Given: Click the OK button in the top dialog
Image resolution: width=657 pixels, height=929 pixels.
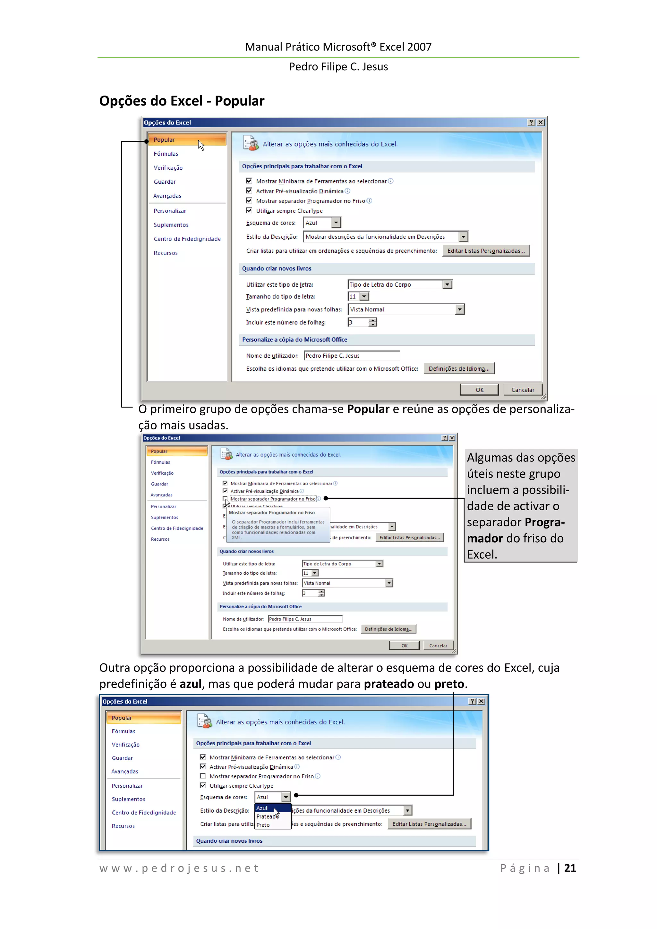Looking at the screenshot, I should (x=479, y=390).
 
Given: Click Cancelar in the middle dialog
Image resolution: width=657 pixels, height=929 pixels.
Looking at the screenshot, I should (x=438, y=646).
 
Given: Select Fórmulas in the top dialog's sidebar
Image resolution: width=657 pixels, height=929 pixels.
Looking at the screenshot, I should (x=166, y=154).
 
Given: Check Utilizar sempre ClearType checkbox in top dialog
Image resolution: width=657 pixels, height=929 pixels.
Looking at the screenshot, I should (x=249, y=210).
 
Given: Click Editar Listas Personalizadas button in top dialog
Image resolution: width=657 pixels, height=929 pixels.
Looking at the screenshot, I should (x=486, y=251).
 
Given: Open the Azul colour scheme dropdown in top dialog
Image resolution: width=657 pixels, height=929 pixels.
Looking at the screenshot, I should (x=336, y=223).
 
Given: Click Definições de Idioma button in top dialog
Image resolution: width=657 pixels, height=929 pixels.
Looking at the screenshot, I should (x=459, y=368).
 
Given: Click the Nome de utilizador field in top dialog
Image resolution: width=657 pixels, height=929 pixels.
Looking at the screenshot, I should (x=351, y=356).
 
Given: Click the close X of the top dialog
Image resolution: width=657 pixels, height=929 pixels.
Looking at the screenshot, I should (x=541, y=122).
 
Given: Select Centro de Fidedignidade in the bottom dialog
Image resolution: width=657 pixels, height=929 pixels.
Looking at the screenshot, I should (x=144, y=813).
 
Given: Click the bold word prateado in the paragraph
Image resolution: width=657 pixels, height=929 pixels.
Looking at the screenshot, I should (x=388, y=684).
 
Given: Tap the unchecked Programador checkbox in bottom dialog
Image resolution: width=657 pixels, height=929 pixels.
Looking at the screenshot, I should (x=203, y=776).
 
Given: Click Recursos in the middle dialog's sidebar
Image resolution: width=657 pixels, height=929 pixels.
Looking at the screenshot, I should (x=160, y=539).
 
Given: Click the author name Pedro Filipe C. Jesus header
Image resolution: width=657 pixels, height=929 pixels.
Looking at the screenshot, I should (x=338, y=67).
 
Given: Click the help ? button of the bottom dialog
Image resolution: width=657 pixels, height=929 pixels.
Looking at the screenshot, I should (x=472, y=701).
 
